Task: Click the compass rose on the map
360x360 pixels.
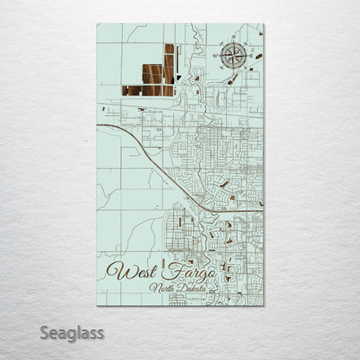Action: [231, 57]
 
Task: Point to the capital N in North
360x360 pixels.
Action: [151, 288]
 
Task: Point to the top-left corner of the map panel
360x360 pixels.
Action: [97, 23]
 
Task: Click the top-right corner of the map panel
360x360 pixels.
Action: [264, 23]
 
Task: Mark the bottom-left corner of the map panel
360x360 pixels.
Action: [97, 305]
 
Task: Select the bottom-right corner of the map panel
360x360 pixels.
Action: [264, 305]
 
